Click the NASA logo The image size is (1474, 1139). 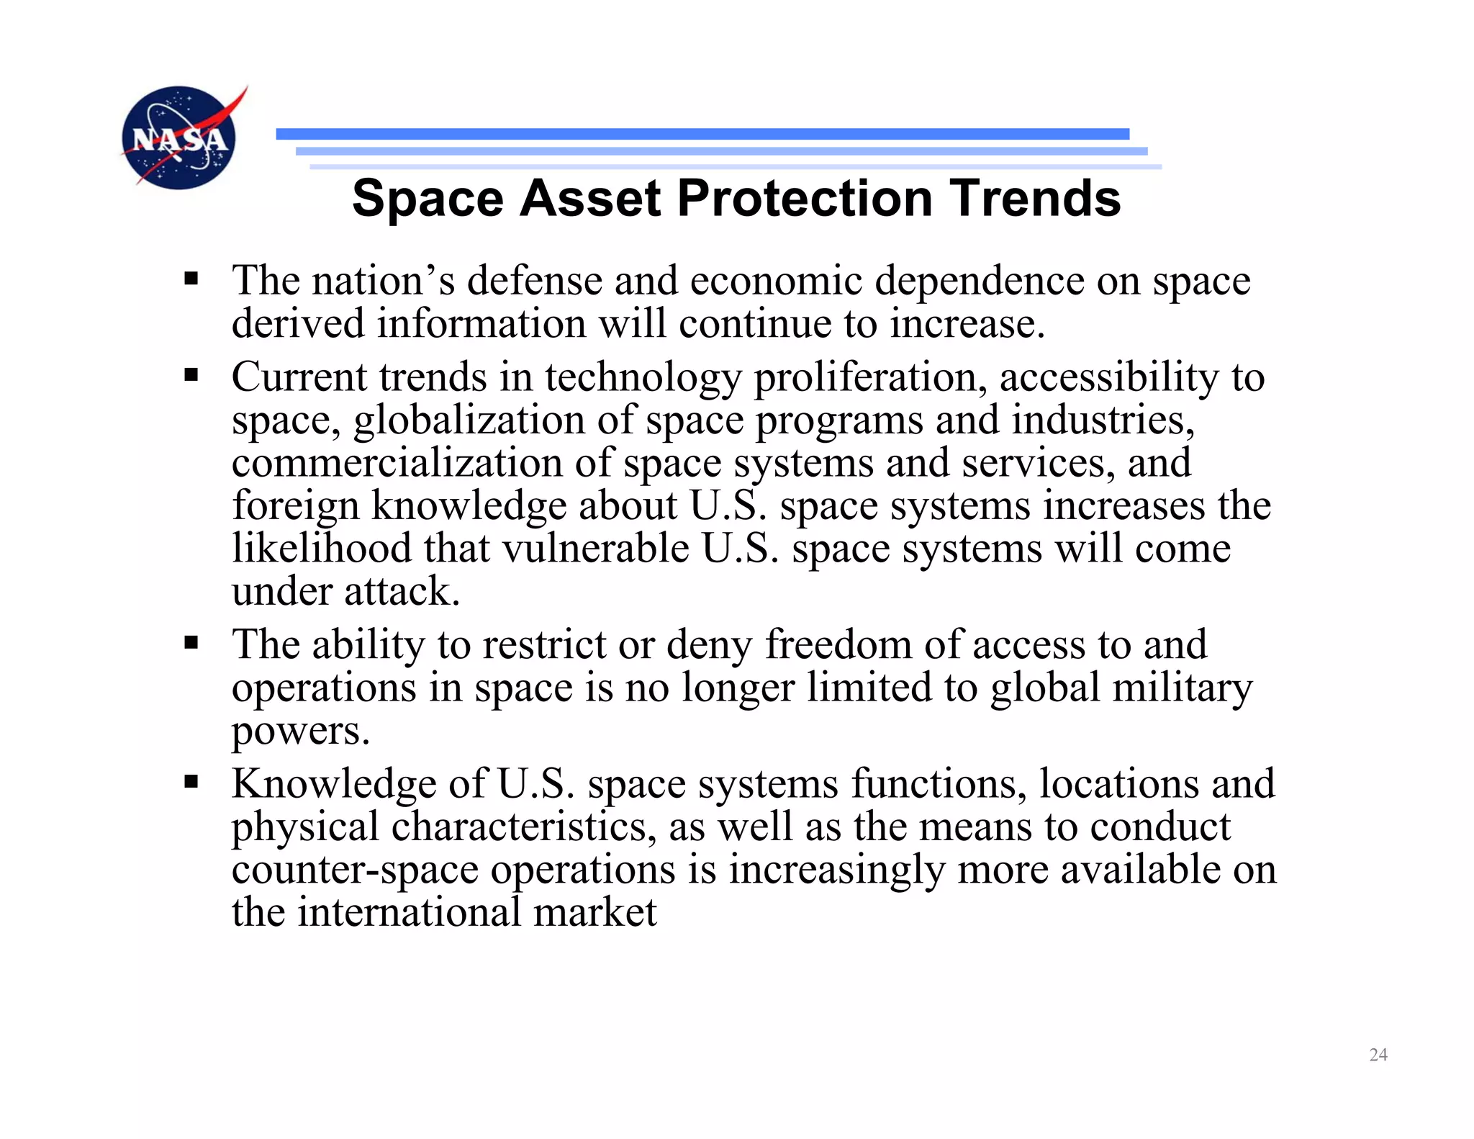click(179, 138)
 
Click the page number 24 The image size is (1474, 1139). click(1378, 1055)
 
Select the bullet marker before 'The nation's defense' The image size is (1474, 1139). click(191, 279)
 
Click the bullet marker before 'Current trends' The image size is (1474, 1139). click(191, 375)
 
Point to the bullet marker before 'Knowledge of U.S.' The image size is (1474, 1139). click(191, 782)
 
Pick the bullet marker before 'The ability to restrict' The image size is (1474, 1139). click(191, 642)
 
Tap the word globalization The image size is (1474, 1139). click(469, 420)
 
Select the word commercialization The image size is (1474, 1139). click(397, 463)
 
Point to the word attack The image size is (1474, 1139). click(401, 592)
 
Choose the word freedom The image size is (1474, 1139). click(838, 644)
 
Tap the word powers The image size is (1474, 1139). click(300, 731)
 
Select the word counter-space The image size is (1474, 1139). click(355, 869)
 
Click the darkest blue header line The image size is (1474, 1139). click(702, 134)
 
